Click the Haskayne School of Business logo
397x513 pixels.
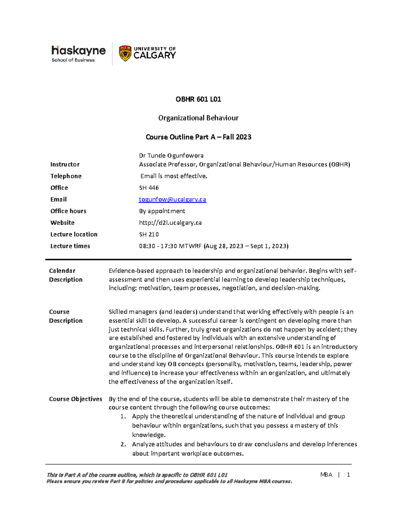point(78,54)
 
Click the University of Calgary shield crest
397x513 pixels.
point(125,54)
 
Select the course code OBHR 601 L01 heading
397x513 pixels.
point(198,99)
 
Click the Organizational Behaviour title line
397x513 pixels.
point(198,118)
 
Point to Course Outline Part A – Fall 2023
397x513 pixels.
point(198,137)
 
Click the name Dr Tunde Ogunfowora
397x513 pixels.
point(171,156)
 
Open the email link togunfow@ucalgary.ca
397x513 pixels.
point(172,200)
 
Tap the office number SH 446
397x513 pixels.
point(149,188)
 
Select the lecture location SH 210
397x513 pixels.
point(149,234)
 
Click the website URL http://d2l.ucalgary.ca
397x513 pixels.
point(170,223)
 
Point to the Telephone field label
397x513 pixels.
point(66,176)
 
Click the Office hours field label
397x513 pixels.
point(68,211)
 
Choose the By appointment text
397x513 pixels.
point(162,211)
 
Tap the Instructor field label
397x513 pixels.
point(65,165)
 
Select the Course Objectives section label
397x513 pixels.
point(75,399)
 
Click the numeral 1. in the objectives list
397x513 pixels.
point(123,417)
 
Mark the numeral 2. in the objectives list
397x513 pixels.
point(123,444)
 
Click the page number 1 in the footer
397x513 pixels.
point(348,475)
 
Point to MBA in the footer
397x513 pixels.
point(326,475)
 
